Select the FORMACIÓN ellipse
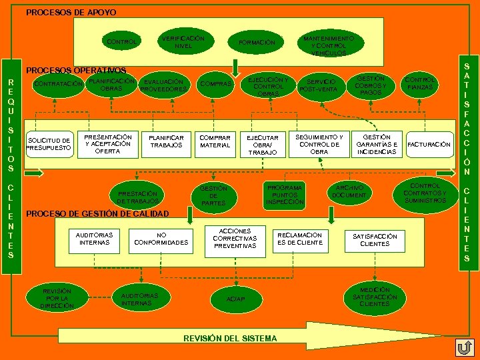[257, 43]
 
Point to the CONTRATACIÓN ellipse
[59, 85]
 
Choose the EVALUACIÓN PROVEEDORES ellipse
[164, 86]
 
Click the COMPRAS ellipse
[216, 85]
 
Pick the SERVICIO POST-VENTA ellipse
[322, 85]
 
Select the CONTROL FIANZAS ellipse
[420, 84]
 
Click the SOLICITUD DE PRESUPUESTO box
[49, 144]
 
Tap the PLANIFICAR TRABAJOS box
[166, 141]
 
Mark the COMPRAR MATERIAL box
[215, 141]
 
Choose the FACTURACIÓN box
[429, 144]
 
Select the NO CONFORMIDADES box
[161, 239]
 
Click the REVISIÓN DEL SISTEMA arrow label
[230, 338]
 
